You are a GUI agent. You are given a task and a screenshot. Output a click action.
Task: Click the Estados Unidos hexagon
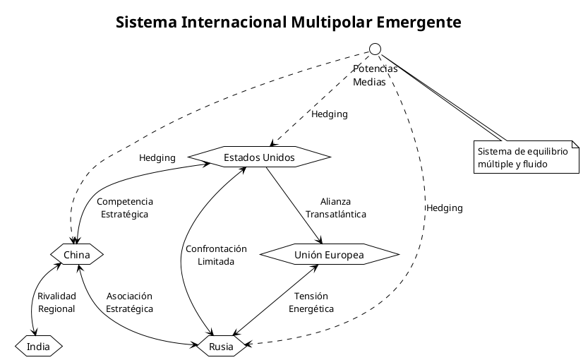(x=259, y=157)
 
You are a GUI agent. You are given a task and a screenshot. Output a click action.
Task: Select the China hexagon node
(x=77, y=253)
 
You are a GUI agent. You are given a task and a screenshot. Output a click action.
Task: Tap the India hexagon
(x=39, y=347)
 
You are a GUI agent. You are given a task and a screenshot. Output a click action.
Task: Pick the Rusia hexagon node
(x=221, y=347)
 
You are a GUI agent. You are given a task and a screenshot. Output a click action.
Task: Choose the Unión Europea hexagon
(x=329, y=254)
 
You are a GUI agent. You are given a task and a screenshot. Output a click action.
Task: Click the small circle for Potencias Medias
(x=375, y=49)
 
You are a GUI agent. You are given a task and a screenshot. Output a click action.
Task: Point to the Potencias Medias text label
(x=375, y=75)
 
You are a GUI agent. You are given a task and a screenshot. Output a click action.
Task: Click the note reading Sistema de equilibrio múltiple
(x=525, y=157)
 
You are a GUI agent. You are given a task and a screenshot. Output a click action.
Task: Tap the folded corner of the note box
(x=575, y=145)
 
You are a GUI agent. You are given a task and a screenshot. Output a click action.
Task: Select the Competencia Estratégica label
(x=124, y=208)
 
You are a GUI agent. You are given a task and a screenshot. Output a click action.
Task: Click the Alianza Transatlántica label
(x=335, y=208)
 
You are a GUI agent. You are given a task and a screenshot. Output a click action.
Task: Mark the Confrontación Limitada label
(x=216, y=255)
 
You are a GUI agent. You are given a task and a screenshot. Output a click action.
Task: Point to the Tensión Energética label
(x=311, y=302)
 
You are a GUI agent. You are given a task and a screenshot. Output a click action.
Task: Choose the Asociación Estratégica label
(x=129, y=302)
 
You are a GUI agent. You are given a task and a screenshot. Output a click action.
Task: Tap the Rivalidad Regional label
(x=56, y=302)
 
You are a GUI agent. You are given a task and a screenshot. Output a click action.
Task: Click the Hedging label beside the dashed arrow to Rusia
(x=445, y=208)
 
